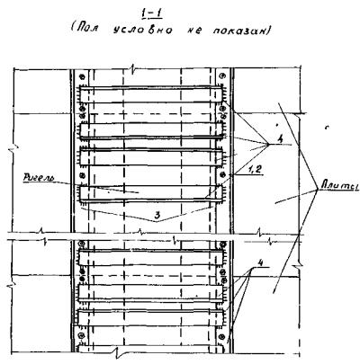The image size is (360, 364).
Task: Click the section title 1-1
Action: [x=151, y=14]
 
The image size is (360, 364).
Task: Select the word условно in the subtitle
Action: [x=143, y=31]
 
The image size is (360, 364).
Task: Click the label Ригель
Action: [x=39, y=178]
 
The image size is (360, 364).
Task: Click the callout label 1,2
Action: [x=254, y=170]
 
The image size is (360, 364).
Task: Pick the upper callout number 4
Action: [x=280, y=139]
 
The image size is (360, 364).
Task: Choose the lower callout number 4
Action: [x=261, y=262]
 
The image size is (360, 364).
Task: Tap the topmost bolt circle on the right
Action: [x=222, y=76]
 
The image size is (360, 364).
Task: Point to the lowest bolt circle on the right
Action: [x=222, y=336]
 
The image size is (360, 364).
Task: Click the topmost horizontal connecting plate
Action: [x=151, y=94]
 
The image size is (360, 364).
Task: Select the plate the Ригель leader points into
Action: [x=151, y=193]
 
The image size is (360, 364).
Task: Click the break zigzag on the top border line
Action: [x=132, y=69]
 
